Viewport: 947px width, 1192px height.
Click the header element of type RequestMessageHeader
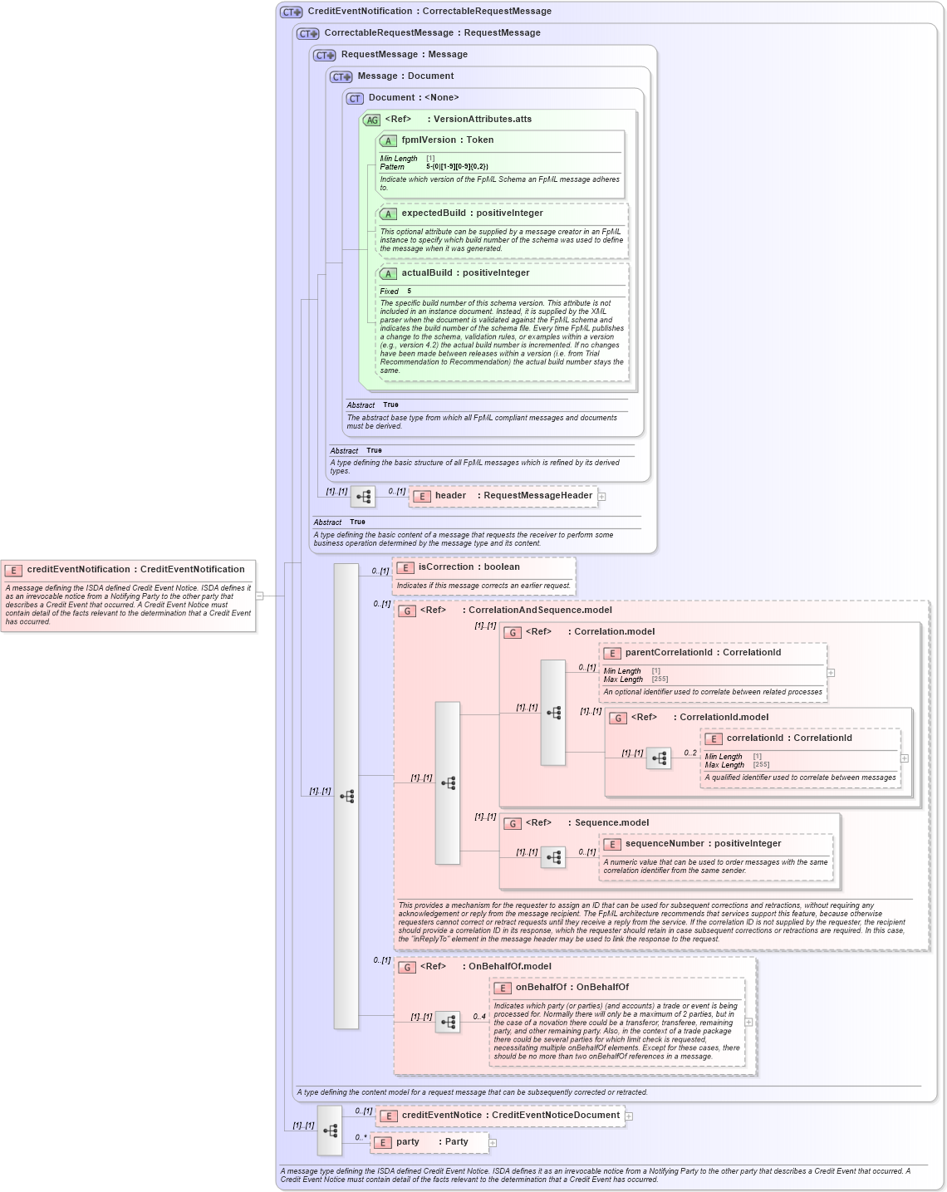503,496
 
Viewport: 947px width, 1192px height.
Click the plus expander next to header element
602,497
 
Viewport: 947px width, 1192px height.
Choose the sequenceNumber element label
703,844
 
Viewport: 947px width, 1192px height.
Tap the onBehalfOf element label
572,988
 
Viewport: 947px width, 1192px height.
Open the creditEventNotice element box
500,1116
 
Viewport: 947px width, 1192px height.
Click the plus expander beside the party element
493,1143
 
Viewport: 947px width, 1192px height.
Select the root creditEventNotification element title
135,570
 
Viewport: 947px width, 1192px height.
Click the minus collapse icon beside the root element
260,596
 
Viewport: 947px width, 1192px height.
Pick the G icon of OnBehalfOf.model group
407,968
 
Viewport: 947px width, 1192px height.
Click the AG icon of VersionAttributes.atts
371,120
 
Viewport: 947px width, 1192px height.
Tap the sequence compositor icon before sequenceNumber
553,857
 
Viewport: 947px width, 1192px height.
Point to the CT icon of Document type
355,99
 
